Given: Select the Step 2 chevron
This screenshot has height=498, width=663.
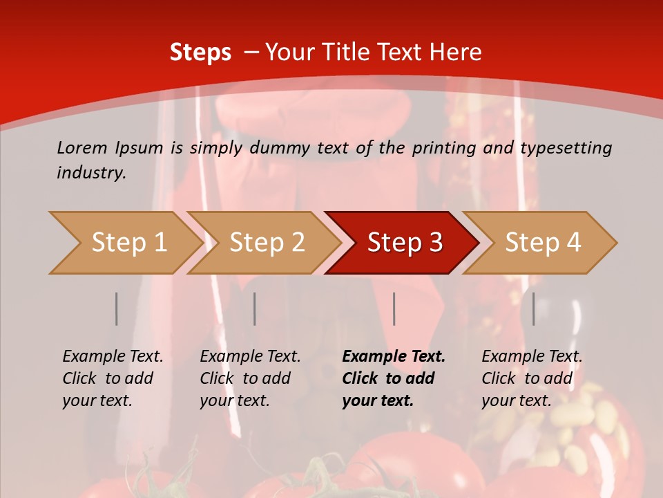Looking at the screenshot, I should coord(265,243).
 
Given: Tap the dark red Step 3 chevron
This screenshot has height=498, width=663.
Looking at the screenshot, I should coord(403,243).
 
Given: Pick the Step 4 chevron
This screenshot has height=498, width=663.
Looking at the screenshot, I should coord(541,243).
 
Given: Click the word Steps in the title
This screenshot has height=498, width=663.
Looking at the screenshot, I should coord(200,53).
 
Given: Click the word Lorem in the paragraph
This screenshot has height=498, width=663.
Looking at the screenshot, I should coord(82,147).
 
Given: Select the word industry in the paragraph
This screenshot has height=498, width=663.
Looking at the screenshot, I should coord(90,172).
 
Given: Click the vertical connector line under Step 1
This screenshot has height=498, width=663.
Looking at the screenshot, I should coord(117,308).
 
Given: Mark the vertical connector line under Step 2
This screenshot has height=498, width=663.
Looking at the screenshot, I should coord(255,308).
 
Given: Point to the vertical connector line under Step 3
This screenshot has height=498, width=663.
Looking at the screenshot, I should coord(394,308).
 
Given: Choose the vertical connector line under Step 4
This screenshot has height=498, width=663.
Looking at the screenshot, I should coord(534,308).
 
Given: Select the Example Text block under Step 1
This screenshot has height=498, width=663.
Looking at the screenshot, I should coord(113,378).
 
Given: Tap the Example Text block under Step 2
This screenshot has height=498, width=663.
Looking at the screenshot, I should coord(250,378).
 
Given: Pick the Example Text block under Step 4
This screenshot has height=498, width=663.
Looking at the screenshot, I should coord(532,378).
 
